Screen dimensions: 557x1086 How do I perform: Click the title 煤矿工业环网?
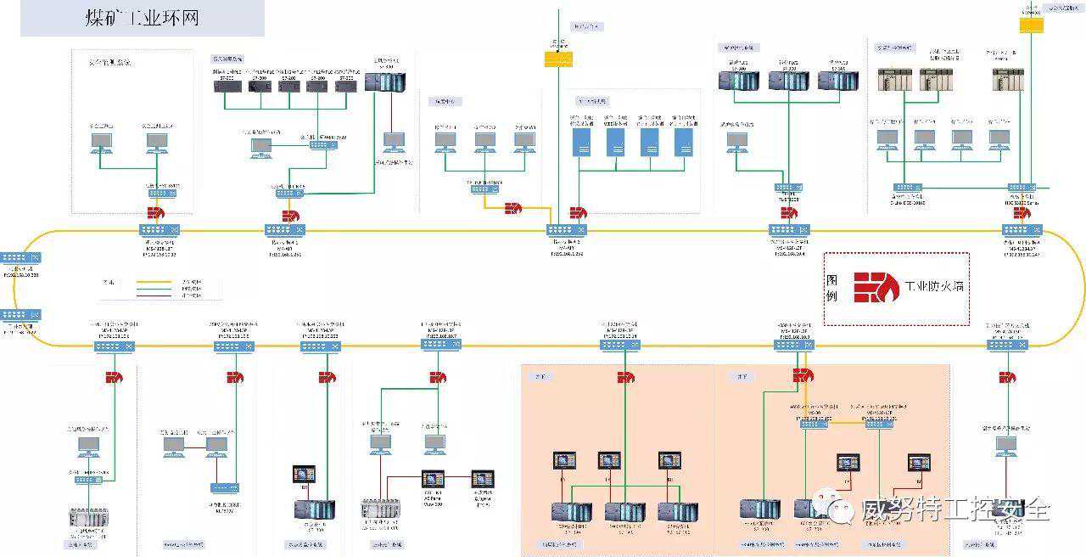(x=142, y=18)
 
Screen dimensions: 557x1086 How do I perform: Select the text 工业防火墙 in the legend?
(x=934, y=286)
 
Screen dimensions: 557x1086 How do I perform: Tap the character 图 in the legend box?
(x=832, y=280)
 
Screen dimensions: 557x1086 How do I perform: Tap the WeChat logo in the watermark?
(x=842, y=509)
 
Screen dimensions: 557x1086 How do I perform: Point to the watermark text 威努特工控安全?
(x=955, y=509)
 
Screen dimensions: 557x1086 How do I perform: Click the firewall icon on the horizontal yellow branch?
(x=513, y=208)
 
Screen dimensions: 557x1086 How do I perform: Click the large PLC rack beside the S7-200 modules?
(x=385, y=82)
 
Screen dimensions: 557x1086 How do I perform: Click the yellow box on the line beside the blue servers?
(x=558, y=59)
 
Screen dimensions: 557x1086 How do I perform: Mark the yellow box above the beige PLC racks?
(x=1031, y=25)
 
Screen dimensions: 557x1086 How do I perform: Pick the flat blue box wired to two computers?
(x=225, y=488)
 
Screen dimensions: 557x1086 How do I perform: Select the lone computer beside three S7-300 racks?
(x=736, y=139)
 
